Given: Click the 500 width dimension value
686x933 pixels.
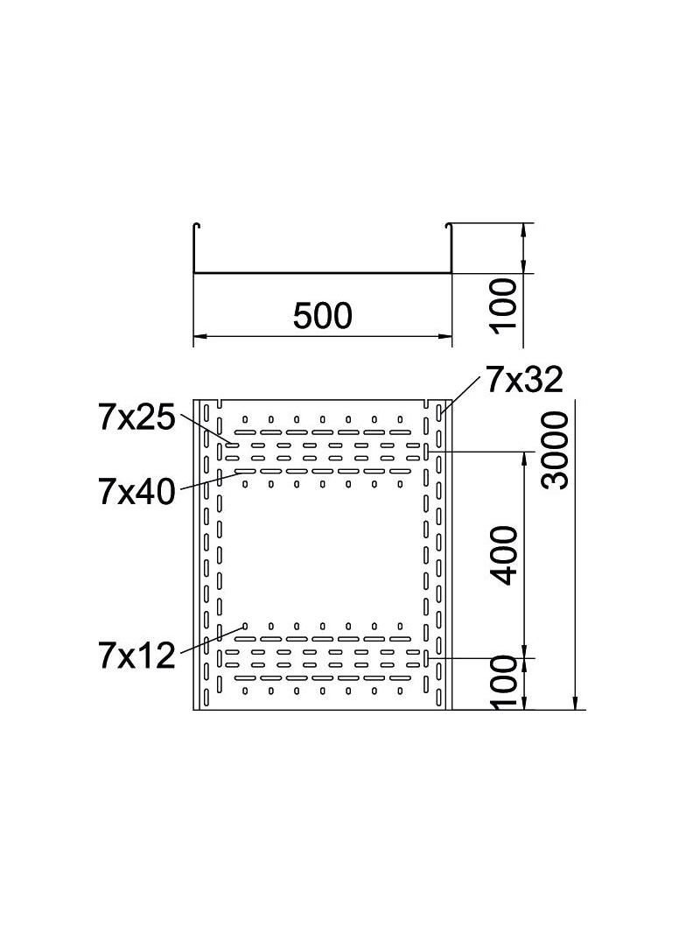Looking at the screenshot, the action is point(323,315).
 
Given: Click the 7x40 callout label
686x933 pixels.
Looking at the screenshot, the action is point(136,492).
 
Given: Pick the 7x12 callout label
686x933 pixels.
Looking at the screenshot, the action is point(136,656).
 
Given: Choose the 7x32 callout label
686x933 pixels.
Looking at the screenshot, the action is point(524,380).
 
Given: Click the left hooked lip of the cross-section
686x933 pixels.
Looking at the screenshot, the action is point(197,226).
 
